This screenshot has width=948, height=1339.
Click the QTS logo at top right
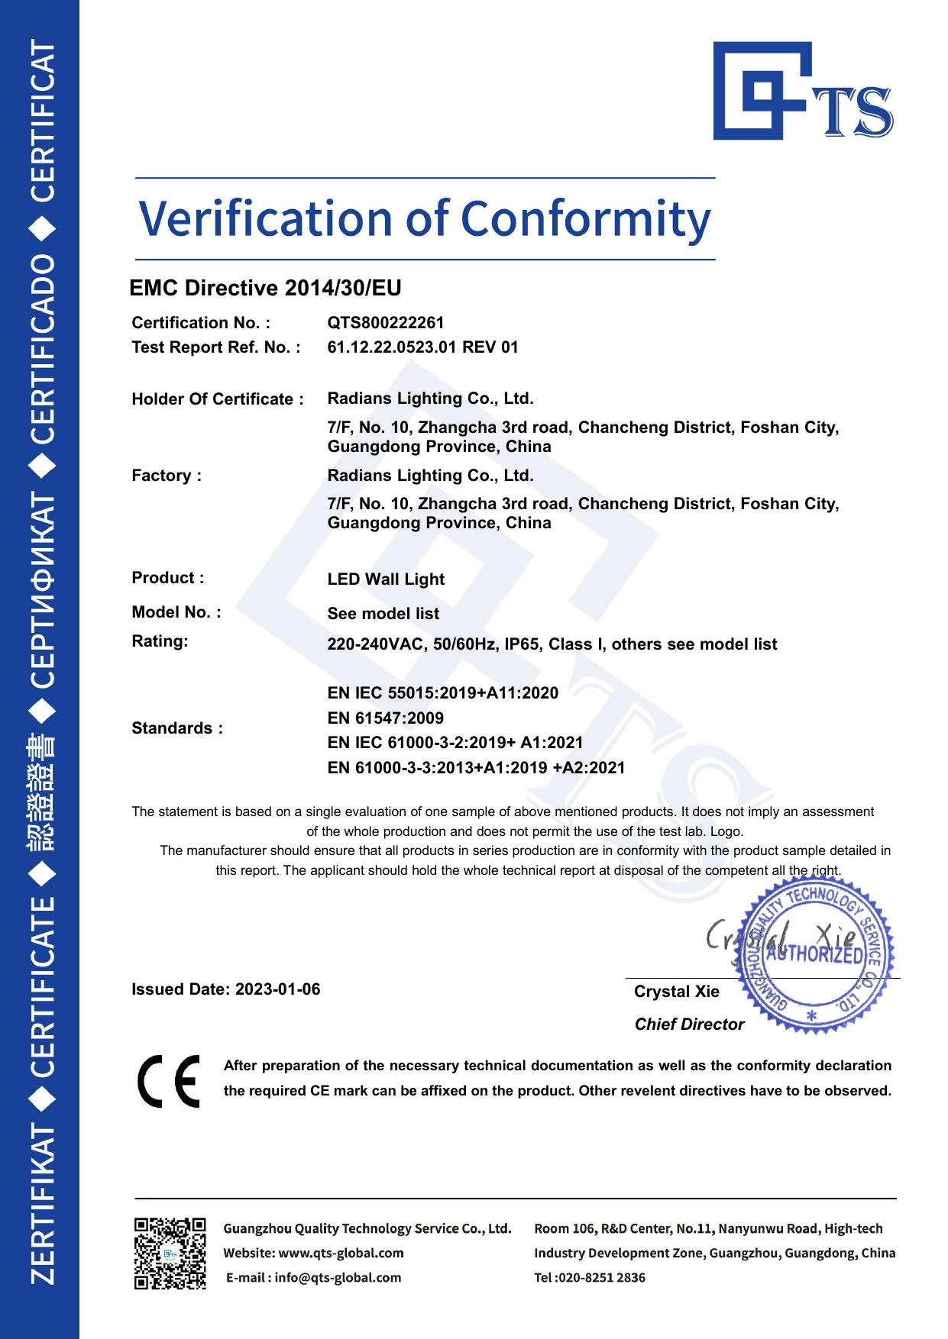point(802,92)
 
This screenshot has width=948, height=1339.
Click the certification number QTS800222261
point(385,323)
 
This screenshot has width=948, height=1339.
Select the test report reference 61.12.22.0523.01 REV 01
point(422,347)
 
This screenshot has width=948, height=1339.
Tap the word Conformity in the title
point(586,219)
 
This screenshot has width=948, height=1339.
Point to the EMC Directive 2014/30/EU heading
point(265,289)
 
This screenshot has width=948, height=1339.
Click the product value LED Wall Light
point(386,579)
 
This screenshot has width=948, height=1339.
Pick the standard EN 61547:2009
point(385,718)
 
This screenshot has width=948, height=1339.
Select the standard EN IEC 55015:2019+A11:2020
point(442,693)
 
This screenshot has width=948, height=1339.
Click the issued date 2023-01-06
point(278,989)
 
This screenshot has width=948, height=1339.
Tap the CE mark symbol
point(169,1081)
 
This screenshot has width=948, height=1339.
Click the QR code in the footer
point(170,1253)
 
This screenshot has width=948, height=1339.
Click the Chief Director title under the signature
point(689,1024)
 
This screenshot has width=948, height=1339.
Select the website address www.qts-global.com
point(341,1253)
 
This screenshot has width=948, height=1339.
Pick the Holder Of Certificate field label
point(217,399)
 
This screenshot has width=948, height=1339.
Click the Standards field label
point(177,728)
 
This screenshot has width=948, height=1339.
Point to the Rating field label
point(160,641)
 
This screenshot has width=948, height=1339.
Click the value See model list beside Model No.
point(383,614)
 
